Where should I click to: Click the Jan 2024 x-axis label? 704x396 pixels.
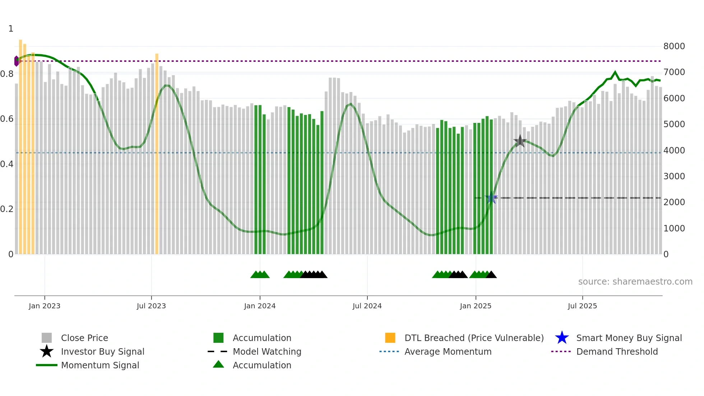coord(260,306)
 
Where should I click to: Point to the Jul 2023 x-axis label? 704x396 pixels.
coord(151,306)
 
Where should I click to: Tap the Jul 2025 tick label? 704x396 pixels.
coord(582,306)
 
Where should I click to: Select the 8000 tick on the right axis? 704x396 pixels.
coord(674,46)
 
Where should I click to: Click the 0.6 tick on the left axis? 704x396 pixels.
coord(7,119)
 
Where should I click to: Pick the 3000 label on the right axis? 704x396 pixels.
coord(674,176)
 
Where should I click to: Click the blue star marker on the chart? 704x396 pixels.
coord(491,198)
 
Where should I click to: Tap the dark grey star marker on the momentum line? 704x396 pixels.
coord(520,141)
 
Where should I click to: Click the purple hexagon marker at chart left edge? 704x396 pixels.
coord(17,61)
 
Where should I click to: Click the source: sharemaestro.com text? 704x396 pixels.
coord(635,282)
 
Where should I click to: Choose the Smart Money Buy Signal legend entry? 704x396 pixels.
coord(629,338)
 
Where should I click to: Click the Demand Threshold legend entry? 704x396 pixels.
coord(617,352)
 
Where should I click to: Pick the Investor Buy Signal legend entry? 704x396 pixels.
coord(102,352)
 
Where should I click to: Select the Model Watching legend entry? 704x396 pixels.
coord(267,352)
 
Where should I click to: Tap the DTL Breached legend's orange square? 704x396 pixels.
coord(390,338)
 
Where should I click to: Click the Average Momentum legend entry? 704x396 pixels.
coord(448,352)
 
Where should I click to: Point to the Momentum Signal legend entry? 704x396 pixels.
coord(100,365)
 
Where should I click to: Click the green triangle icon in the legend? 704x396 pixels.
coord(218,365)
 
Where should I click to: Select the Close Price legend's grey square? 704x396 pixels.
coord(47,338)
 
